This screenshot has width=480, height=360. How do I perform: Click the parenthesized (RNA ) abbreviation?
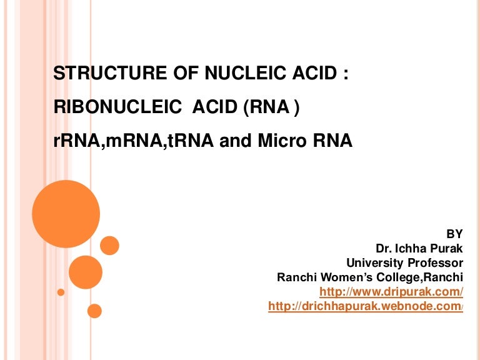click(271, 108)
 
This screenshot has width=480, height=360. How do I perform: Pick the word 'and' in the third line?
click(236, 142)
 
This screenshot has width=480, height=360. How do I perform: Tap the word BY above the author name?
click(455, 234)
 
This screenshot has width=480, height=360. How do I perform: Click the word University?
click(374, 262)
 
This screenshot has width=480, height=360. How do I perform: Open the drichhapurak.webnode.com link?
click(365, 306)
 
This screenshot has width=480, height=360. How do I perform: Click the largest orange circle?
click(66, 214)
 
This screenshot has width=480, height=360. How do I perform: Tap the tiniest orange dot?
click(61, 292)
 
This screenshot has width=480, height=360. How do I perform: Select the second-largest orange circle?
click(85, 272)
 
